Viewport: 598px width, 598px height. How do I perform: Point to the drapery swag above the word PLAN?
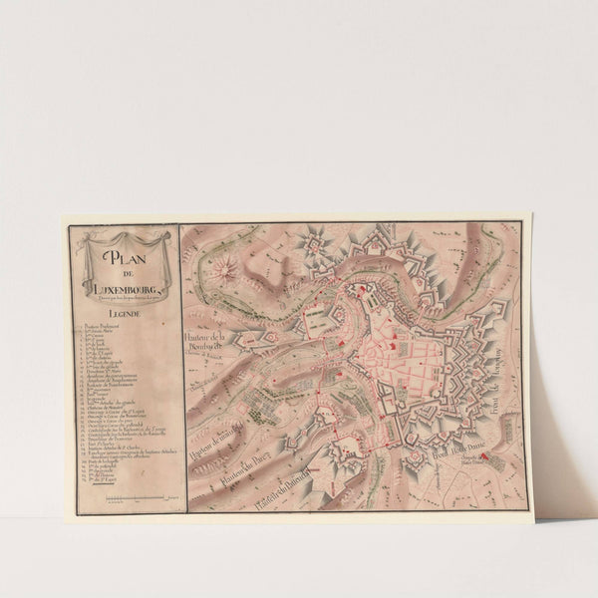(x=125, y=239)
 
